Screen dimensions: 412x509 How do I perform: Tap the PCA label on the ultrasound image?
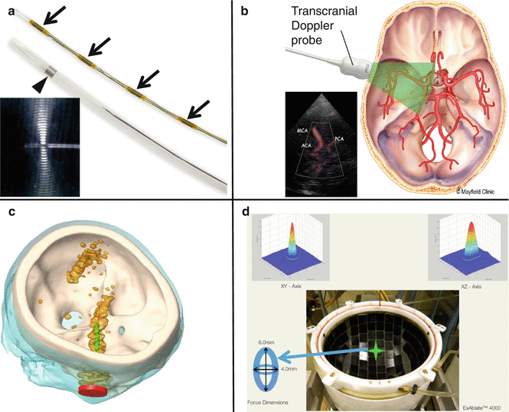pyautogui.click(x=337, y=139)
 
